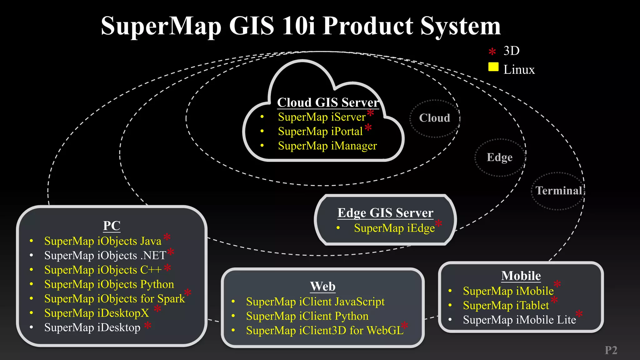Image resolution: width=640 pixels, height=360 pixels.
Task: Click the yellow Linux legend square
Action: click(x=493, y=67)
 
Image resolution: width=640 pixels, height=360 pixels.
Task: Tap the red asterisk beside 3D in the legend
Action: click(x=492, y=52)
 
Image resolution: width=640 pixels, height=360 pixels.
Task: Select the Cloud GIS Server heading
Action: click(x=328, y=102)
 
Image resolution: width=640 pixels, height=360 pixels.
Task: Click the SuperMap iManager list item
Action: click(x=327, y=146)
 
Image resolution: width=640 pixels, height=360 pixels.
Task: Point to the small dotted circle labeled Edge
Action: click(x=500, y=157)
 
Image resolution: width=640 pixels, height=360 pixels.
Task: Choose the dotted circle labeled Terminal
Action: click(x=558, y=191)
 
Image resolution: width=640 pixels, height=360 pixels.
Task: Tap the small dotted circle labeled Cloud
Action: click(x=434, y=118)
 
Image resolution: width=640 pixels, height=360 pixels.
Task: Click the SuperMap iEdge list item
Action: click(x=394, y=228)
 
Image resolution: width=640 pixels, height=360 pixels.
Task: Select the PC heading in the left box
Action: click(x=112, y=226)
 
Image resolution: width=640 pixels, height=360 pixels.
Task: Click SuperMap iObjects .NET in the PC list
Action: click(x=105, y=256)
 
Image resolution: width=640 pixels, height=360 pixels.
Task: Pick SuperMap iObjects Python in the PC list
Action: click(x=109, y=284)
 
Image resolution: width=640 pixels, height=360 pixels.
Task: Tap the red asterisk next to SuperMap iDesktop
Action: click(x=148, y=326)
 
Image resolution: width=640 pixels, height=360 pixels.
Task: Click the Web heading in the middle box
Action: click(x=322, y=287)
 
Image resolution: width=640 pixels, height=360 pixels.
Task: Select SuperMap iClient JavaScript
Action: click(x=315, y=302)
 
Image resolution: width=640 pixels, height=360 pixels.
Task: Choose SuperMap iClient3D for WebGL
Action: click(x=324, y=331)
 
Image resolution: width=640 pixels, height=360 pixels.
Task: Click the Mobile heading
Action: click(x=521, y=276)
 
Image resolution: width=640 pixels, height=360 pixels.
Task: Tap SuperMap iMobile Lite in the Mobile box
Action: click(x=519, y=320)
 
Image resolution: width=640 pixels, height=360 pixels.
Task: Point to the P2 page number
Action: click(x=611, y=350)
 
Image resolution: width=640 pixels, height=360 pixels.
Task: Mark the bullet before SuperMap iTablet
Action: click(x=450, y=305)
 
